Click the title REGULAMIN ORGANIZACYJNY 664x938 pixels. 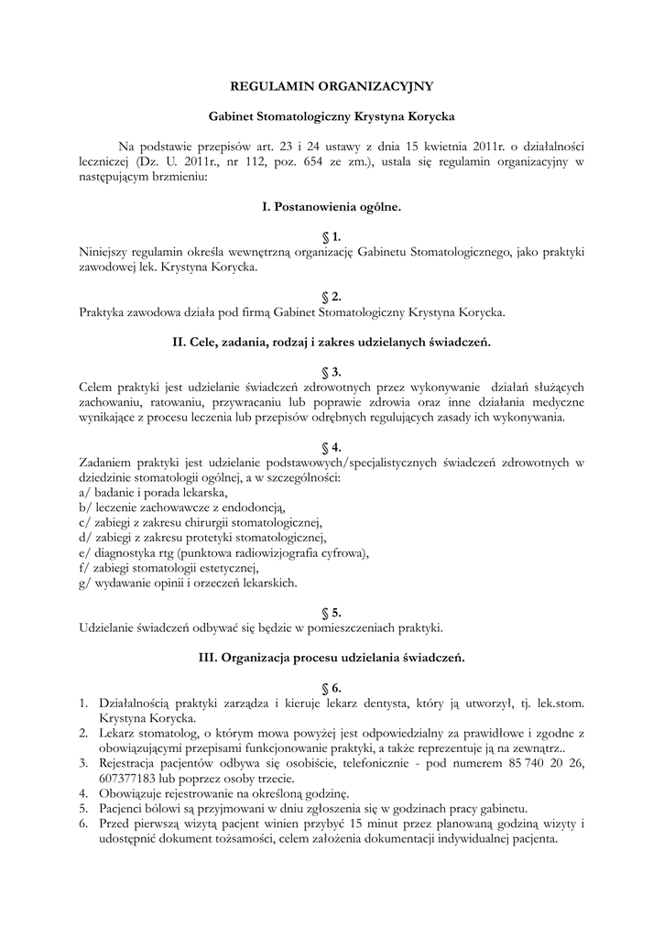332,87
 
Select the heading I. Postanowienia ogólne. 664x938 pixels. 332,207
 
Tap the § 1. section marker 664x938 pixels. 332,237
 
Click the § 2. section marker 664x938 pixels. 332,297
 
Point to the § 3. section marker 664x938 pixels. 332,372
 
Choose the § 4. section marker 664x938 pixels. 332,447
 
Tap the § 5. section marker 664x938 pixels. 332,612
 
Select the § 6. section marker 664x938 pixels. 332,687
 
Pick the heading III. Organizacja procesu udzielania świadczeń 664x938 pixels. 332,657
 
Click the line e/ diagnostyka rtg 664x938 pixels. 224,552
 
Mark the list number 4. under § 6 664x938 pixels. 83,792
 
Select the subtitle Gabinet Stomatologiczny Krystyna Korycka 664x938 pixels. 332,117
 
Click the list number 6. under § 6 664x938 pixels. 83,823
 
